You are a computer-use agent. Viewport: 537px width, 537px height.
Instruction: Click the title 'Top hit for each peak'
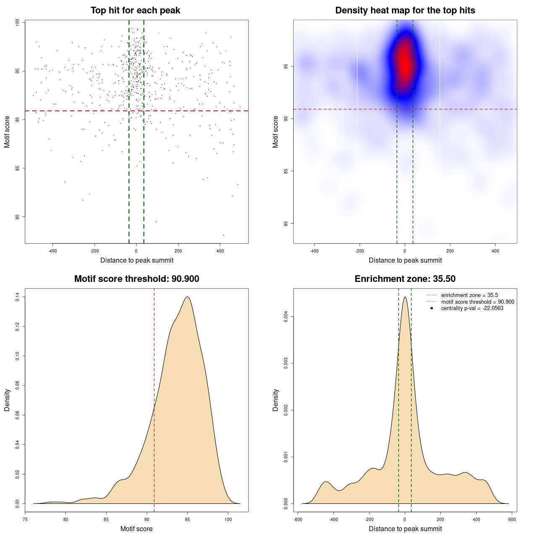click(x=136, y=10)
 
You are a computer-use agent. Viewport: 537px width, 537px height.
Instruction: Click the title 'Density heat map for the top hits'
click(x=405, y=10)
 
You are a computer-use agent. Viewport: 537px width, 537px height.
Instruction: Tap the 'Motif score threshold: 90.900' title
click(x=136, y=279)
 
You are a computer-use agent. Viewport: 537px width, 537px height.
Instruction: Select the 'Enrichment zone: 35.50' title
click(x=405, y=279)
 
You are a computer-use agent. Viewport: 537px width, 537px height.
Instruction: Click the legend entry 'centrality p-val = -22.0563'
click(x=472, y=308)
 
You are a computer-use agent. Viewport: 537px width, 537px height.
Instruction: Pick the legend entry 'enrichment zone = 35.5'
click(x=469, y=295)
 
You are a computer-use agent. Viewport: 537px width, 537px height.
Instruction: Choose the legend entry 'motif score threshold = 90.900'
click(x=477, y=302)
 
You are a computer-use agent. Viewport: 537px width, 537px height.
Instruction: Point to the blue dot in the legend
click(x=432, y=308)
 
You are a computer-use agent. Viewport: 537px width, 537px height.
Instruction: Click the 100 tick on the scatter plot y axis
click(x=18, y=23)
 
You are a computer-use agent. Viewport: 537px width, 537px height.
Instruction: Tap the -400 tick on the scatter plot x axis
click(x=52, y=251)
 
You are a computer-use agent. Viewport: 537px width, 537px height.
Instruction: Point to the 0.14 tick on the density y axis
click(x=18, y=297)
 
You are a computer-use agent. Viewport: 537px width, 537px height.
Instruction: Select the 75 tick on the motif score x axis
click(x=25, y=519)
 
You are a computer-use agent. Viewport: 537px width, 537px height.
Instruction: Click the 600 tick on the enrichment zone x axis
click(x=512, y=519)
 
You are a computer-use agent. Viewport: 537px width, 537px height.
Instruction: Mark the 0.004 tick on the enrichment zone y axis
click(x=286, y=316)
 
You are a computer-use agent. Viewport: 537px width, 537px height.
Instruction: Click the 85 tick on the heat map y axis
click(x=286, y=171)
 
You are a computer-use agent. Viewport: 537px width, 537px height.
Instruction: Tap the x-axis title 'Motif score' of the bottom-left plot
click(x=136, y=529)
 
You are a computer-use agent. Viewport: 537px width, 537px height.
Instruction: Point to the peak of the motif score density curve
click(x=188, y=297)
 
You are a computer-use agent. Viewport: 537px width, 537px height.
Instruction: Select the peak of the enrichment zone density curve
click(x=405, y=297)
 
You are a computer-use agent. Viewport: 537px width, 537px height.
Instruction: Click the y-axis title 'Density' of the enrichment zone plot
click(x=276, y=400)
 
